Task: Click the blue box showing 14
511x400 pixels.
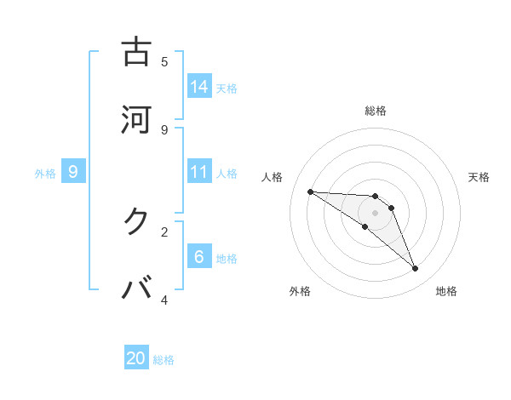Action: click(199, 87)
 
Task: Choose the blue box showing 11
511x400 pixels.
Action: click(199, 172)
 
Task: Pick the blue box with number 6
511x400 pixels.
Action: click(199, 257)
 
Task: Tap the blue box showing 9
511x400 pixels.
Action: click(73, 172)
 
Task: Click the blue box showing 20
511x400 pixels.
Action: click(136, 358)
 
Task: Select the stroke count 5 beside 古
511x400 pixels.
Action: click(164, 61)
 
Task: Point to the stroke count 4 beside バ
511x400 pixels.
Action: click(164, 300)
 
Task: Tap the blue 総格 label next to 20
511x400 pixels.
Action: click(164, 360)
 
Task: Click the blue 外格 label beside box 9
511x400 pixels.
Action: click(45, 174)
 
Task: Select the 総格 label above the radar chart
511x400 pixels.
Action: click(376, 111)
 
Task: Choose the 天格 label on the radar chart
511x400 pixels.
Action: click(479, 177)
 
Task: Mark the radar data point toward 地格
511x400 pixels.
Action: click(416, 269)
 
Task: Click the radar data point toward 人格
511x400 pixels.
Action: click(310, 191)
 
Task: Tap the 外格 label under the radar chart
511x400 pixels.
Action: click(300, 291)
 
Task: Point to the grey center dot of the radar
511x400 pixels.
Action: click(376, 213)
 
